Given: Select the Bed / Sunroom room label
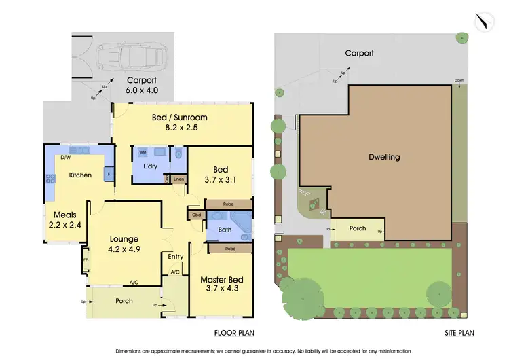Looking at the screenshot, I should (x=179, y=122).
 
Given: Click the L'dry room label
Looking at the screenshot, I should (x=150, y=166).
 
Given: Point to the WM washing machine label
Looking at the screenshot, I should (x=143, y=152).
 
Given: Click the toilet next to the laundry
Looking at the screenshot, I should (x=178, y=155).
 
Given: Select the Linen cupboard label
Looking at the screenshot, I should (x=178, y=179).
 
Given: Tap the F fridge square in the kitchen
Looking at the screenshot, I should (x=108, y=175).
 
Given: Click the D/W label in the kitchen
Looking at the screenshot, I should (x=66, y=158).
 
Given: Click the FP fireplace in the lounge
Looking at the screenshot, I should (x=86, y=259).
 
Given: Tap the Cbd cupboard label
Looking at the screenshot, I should (x=197, y=215).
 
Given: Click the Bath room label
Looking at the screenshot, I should (x=225, y=230).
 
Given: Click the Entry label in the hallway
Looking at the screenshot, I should (x=176, y=256).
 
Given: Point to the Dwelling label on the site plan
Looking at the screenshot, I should (x=384, y=157).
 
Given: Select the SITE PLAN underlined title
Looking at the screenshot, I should (x=459, y=333).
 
